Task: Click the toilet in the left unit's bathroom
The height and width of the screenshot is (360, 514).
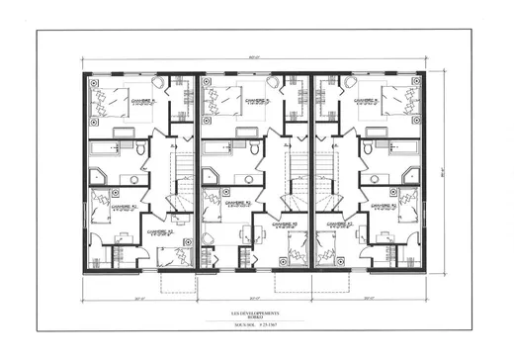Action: [x=140, y=149]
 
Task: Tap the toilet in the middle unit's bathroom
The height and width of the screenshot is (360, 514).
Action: [x=254, y=149]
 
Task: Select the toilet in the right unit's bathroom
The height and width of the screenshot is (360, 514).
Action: [x=369, y=149]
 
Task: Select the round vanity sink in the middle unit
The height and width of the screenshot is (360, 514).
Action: [x=247, y=180]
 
